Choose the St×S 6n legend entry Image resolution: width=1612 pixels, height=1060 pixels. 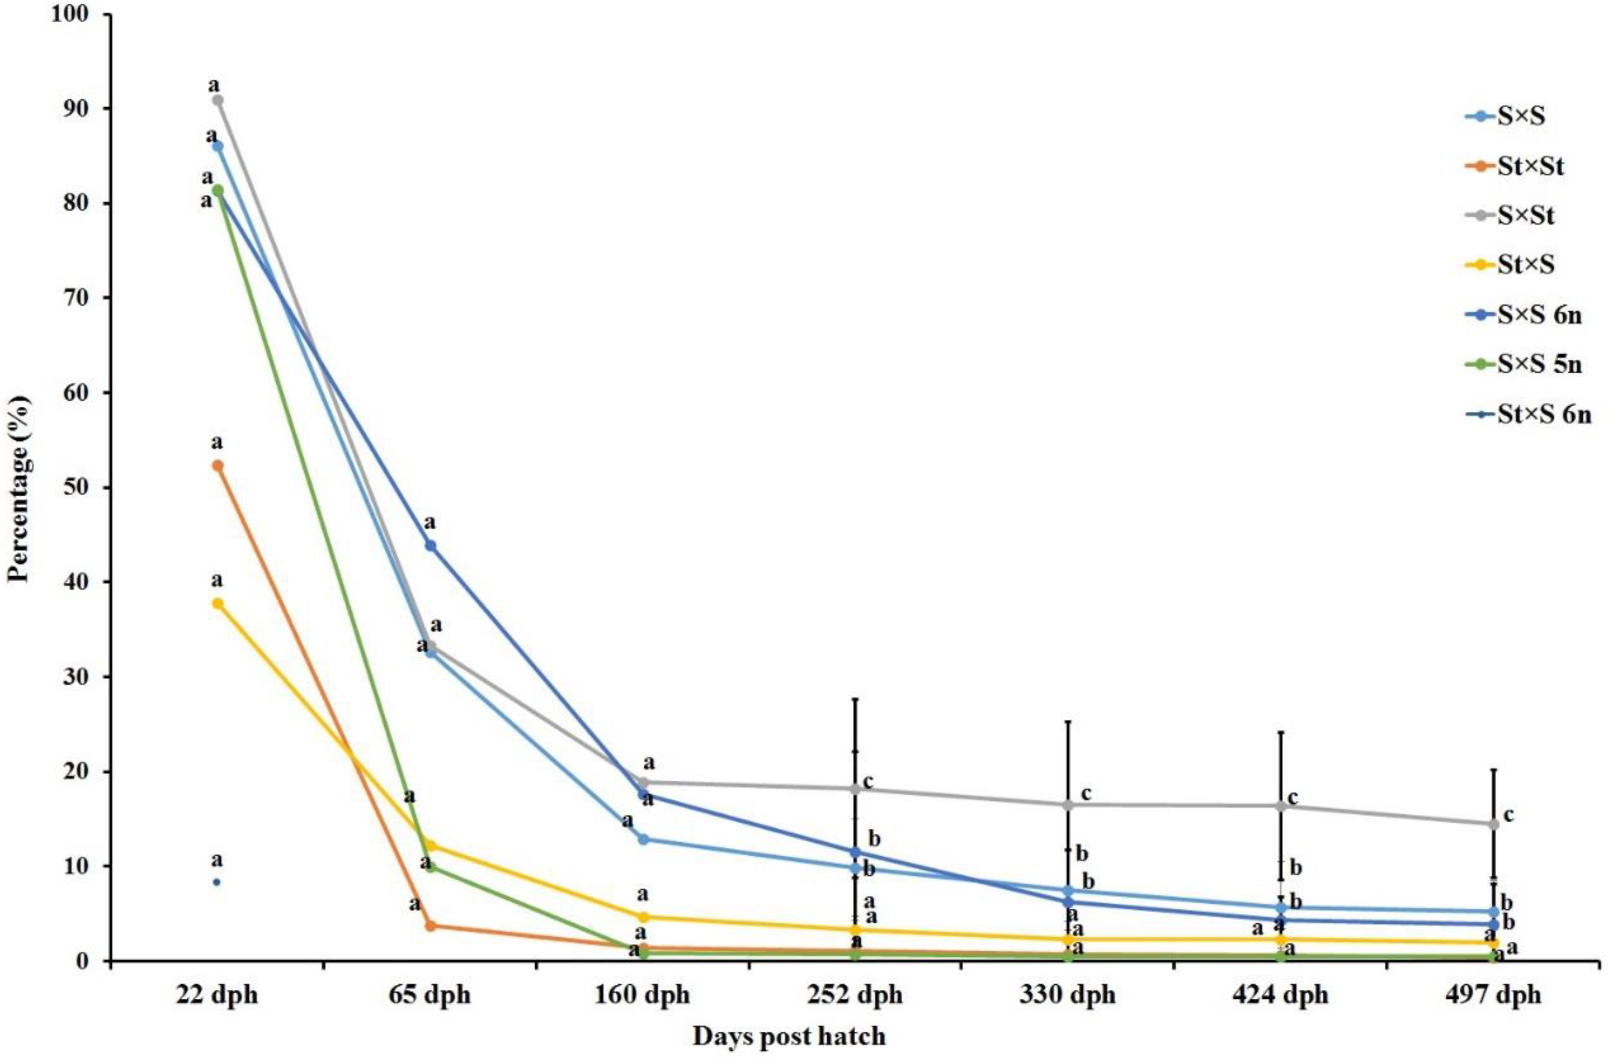click(1538, 415)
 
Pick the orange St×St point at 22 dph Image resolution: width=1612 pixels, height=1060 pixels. click(217, 465)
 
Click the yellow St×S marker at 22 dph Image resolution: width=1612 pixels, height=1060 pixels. click(217, 604)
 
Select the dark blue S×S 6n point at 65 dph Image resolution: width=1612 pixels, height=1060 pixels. click(430, 545)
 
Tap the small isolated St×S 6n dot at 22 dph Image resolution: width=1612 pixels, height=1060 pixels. click(217, 882)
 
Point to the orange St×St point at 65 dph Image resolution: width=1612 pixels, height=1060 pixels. click(430, 925)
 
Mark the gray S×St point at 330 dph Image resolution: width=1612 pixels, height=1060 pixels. click(1068, 805)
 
